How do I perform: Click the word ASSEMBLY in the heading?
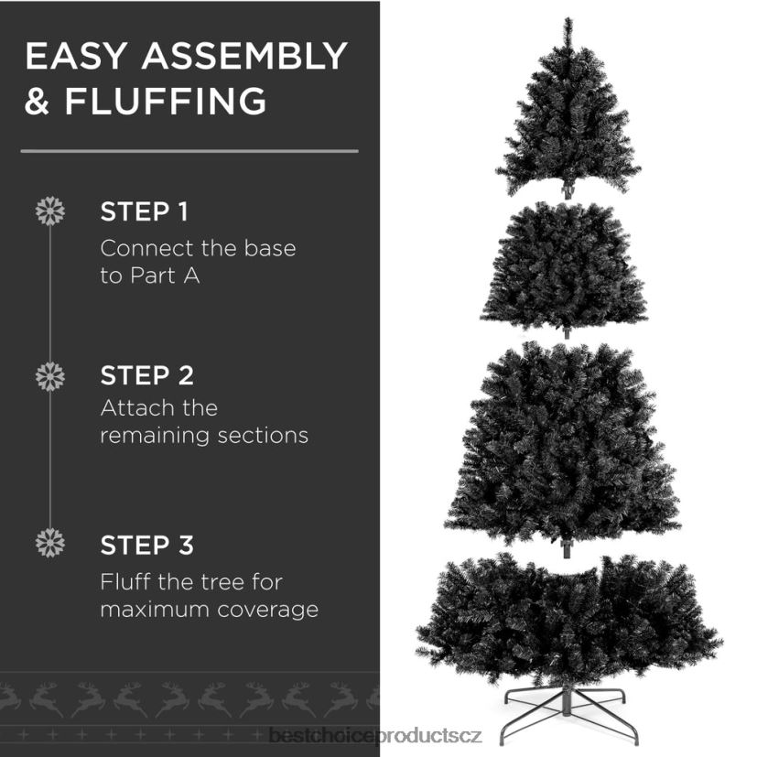[x=244, y=56]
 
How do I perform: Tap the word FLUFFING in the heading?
[x=166, y=101]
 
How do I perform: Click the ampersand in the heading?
[x=38, y=101]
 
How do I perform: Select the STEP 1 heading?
[x=144, y=211]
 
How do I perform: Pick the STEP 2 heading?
[x=146, y=375]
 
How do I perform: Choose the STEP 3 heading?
[x=146, y=545]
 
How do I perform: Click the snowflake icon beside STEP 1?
[x=49, y=211]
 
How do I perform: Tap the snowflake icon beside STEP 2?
[x=49, y=376]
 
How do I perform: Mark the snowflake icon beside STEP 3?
[x=49, y=543]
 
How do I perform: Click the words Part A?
[x=165, y=276]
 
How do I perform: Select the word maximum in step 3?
[x=155, y=610]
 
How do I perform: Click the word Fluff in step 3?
[x=125, y=582]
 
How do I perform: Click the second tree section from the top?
[x=565, y=268]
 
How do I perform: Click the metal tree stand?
[x=568, y=715]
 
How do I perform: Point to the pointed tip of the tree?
[x=568, y=19]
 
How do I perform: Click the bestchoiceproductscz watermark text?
[x=375, y=736]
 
